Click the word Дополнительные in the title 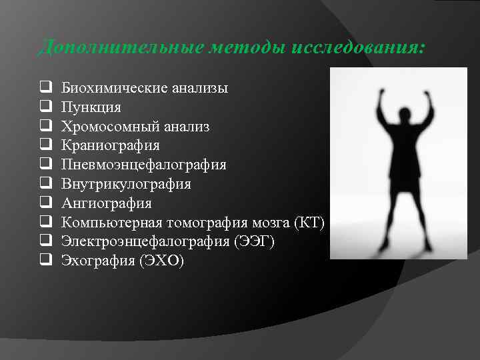pyautogui.click(x=101, y=48)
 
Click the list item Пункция pyautogui.click(x=91, y=107)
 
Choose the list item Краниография pyautogui.click(x=111, y=145)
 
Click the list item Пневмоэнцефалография pyautogui.click(x=144, y=165)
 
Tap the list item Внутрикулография pyautogui.click(x=126, y=184)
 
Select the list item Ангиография pyautogui.click(x=107, y=203)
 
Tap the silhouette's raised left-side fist pyautogui.click(x=383, y=93)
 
